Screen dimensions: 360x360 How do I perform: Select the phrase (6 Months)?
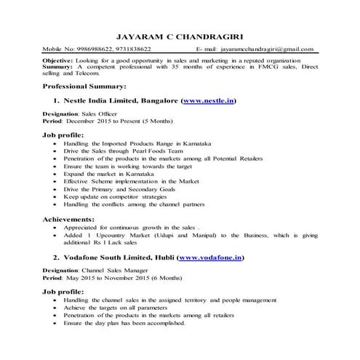click(x=165, y=279)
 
